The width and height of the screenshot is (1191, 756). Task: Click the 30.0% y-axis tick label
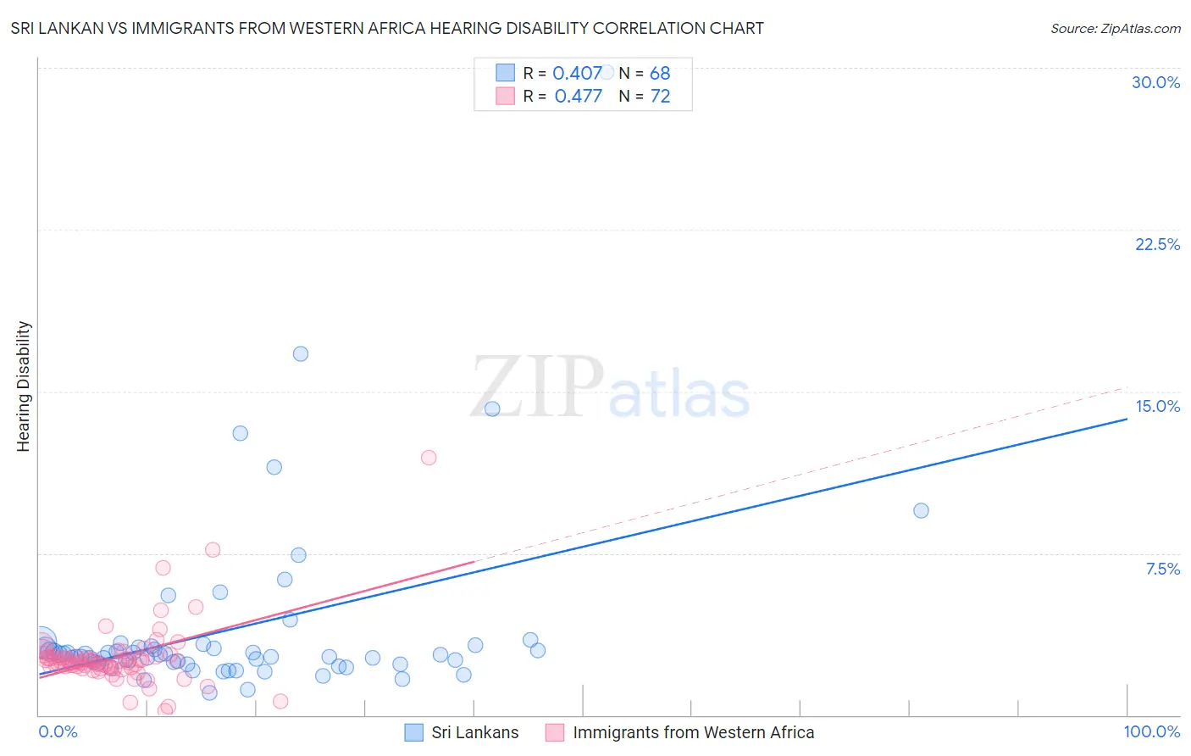click(x=1155, y=82)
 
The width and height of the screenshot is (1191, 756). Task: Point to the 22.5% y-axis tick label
click(x=1157, y=244)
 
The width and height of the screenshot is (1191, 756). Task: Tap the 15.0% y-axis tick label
click(x=1157, y=406)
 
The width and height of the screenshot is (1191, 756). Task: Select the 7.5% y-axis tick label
click(x=1162, y=569)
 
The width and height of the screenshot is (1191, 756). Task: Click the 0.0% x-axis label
click(x=58, y=731)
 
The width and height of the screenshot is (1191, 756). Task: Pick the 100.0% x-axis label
click(x=1151, y=731)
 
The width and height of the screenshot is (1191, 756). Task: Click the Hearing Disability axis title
click(x=24, y=386)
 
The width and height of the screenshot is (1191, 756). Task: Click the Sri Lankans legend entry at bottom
click(x=474, y=732)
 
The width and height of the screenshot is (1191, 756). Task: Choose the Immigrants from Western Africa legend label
click(x=693, y=732)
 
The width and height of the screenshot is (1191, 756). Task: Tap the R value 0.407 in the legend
click(x=577, y=73)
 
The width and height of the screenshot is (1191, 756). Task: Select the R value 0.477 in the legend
click(x=578, y=96)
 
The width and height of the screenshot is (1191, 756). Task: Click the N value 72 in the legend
click(x=660, y=96)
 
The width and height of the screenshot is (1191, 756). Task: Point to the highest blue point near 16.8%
click(x=301, y=353)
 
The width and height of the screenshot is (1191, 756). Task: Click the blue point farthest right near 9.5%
click(x=921, y=510)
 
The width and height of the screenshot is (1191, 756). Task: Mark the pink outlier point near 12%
click(x=429, y=458)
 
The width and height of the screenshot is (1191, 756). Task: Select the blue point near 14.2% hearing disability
click(x=492, y=409)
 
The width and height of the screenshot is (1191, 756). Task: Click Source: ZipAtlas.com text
click(x=1115, y=28)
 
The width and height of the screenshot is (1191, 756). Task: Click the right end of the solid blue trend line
click(x=1126, y=419)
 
